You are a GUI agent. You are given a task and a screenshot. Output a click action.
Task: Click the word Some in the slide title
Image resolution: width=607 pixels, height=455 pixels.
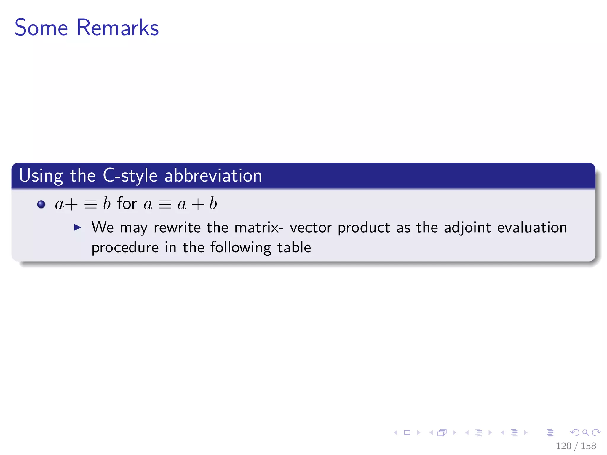[x=41, y=28]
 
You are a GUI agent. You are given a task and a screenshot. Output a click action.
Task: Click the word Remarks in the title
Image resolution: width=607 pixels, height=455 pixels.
[x=118, y=28]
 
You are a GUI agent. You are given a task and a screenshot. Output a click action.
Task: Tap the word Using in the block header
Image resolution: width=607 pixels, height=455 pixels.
[x=41, y=176]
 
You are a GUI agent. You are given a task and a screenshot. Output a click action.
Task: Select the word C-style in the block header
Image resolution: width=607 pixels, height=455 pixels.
[x=130, y=176]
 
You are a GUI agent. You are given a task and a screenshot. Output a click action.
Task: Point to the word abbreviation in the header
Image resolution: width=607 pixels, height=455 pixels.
[x=213, y=176]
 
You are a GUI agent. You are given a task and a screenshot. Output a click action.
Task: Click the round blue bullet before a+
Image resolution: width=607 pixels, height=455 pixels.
[x=41, y=204]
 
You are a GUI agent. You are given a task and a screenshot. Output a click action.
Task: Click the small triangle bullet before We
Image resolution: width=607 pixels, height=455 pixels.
[x=77, y=227]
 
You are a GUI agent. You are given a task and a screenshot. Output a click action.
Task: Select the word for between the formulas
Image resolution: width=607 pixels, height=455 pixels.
[x=127, y=204]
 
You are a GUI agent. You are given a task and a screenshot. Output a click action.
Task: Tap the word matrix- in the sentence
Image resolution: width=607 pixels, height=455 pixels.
[x=259, y=227]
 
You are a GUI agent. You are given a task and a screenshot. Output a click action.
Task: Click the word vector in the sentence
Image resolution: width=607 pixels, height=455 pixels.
[x=310, y=227]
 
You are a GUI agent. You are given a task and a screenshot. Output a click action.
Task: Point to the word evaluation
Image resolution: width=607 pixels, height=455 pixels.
[x=532, y=227]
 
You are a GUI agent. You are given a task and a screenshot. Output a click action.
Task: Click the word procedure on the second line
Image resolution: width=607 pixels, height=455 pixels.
[x=125, y=248]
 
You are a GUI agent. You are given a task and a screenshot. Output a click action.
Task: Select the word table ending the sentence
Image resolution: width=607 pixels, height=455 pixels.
[x=294, y=247]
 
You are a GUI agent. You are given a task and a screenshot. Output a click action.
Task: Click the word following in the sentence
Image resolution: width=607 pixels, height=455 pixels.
[x=241, y=248]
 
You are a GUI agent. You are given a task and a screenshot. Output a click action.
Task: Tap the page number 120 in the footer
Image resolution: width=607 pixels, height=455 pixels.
[x=563, y=446]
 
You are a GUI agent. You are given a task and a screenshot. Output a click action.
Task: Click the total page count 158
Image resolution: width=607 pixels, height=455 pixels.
[x=588, y=446]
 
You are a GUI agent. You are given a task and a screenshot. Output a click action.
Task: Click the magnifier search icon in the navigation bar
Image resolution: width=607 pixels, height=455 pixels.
[x=585, y=432]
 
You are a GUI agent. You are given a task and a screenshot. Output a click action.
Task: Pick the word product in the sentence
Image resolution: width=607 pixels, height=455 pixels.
[x=364, y=227]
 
